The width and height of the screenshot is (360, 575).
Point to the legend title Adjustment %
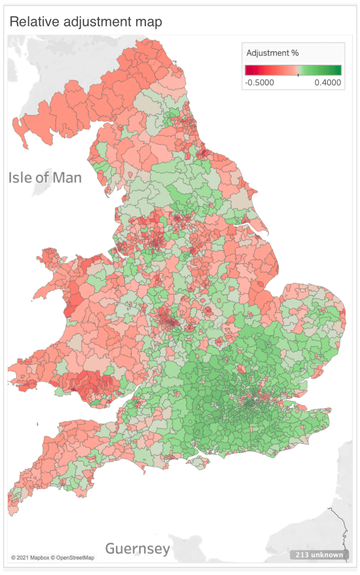(x=272, y=53)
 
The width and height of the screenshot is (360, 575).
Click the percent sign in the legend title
(x=295, y=53)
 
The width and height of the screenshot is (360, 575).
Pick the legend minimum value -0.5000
(x=260, y=82)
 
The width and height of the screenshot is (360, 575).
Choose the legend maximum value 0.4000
(x=327, y=82)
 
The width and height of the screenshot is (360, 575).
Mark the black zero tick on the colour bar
(x=298, y=75)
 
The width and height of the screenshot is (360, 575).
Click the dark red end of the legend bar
(x=248, y=70)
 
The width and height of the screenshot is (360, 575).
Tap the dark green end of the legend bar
(x=338, y=70)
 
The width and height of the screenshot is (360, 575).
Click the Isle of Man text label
(x=45, y=178)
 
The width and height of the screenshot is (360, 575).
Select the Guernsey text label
(x=138, y=549)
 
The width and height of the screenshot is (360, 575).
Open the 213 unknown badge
(x=319, y=555)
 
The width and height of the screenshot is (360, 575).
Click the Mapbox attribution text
(x=39, y=558)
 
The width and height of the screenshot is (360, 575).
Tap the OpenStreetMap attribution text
(x=75, y=558)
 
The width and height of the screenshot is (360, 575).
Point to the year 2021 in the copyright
(x=23, y=558)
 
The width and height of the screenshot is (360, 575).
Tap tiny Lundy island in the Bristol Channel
(x=38, y=424)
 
